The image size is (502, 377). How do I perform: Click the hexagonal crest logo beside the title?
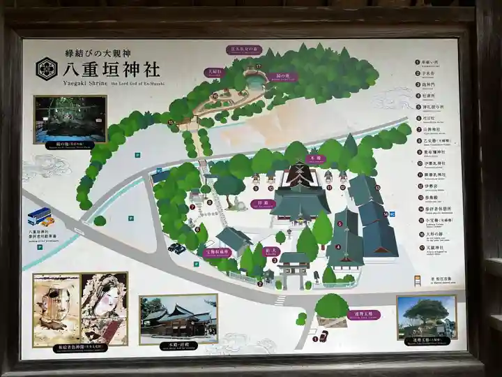click(47, 68)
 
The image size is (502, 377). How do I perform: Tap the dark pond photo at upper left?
click(70, 119)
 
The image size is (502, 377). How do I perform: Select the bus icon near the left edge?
click(38, 216)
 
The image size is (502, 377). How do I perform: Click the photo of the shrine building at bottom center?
click(178, 319)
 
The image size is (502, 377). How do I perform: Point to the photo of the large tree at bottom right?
click(426, 318)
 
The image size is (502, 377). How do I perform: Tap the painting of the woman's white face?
click(105, 307)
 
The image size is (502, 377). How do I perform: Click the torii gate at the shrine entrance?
click(294, 269)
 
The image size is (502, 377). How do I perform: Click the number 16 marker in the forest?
click(215, 96)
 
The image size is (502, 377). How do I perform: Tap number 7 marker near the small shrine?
click(192, 207)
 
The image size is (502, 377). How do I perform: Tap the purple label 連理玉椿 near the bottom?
click(363, 315)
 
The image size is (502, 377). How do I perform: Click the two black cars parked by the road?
click(176, 248)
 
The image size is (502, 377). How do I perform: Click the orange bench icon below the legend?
click(417, 279)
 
